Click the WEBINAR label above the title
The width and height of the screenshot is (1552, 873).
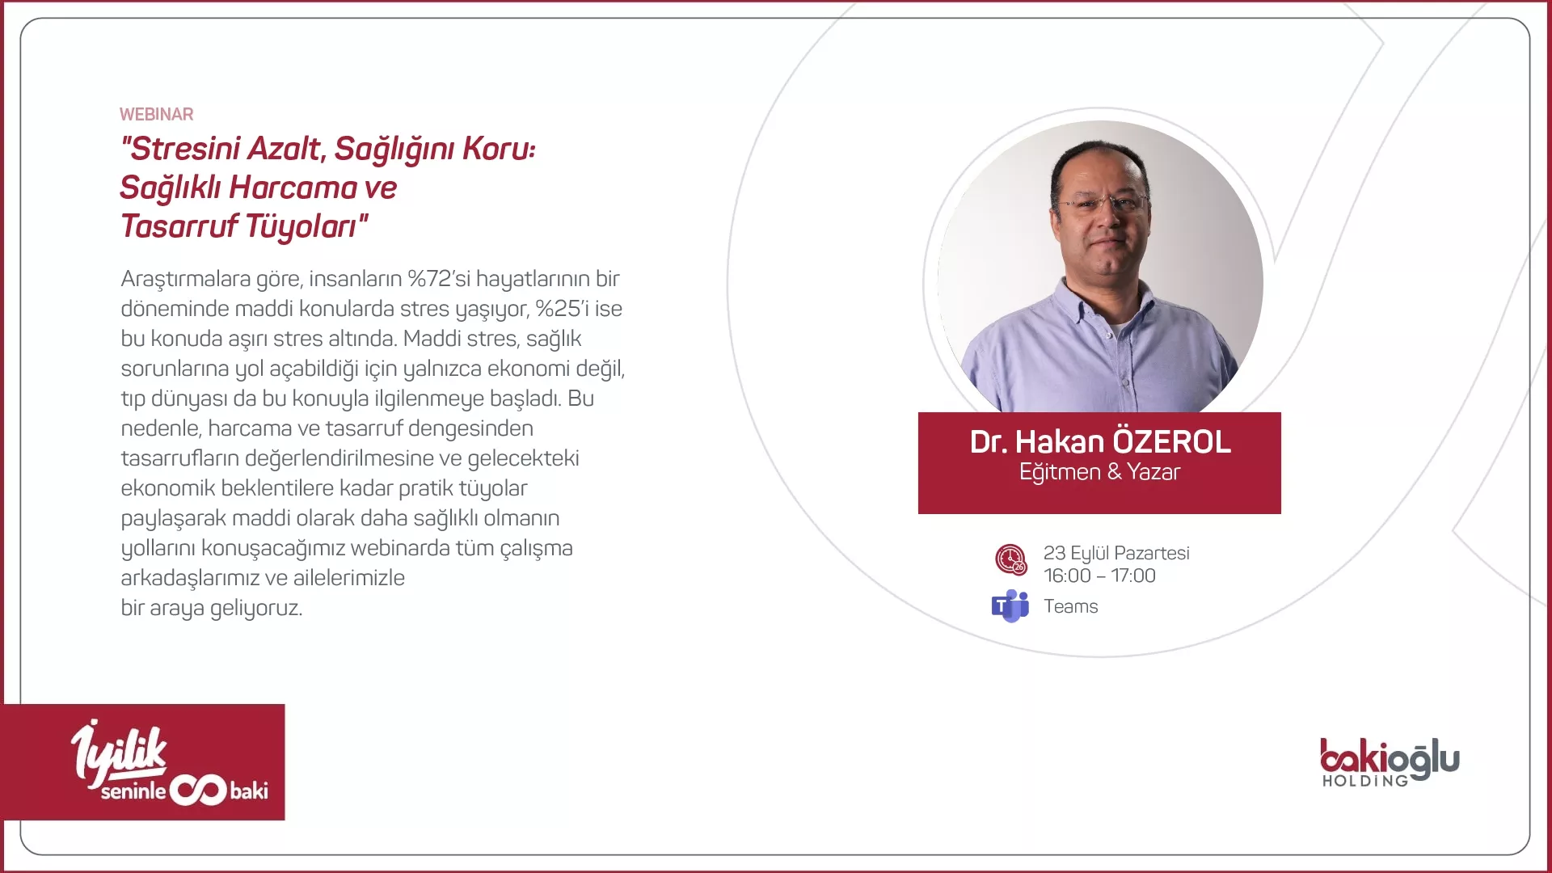(x=156, y=115)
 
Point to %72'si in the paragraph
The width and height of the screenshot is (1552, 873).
(x=438, y=279)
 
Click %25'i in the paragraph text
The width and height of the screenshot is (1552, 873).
(x=563, y=309)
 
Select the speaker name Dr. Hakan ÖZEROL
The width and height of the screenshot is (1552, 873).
(x=1100, y=442)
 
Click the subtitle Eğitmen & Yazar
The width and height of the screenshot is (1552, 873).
(x=1099, y=472)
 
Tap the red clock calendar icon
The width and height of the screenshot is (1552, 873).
(x=1010, y=559)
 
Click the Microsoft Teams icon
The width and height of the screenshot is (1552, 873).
(x=1010, y=606)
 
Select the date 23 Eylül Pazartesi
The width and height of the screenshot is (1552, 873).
(x=1116, y=554)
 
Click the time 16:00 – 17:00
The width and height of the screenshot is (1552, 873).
(x=1099, y=576)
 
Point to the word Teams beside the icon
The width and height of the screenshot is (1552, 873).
(x=1070, y=607)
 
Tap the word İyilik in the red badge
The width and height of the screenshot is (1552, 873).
(x=119, y=752)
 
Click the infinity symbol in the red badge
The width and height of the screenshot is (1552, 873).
(x=197, y=791)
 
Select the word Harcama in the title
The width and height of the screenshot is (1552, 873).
(x=293, y=188)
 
